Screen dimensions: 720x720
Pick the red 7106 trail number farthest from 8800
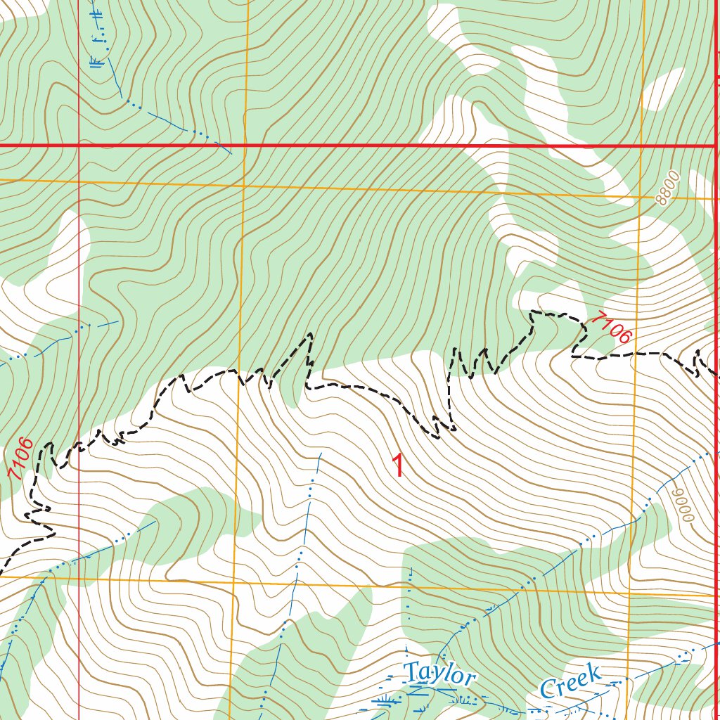coord(20,459)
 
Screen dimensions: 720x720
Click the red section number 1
coord(398,466)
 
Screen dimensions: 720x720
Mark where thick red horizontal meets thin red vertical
coord(79,146)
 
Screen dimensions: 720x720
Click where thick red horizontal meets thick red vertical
coord(716,146)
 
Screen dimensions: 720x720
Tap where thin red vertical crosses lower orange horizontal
coord(79,579)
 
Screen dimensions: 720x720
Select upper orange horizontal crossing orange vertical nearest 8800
coord(639,197)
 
